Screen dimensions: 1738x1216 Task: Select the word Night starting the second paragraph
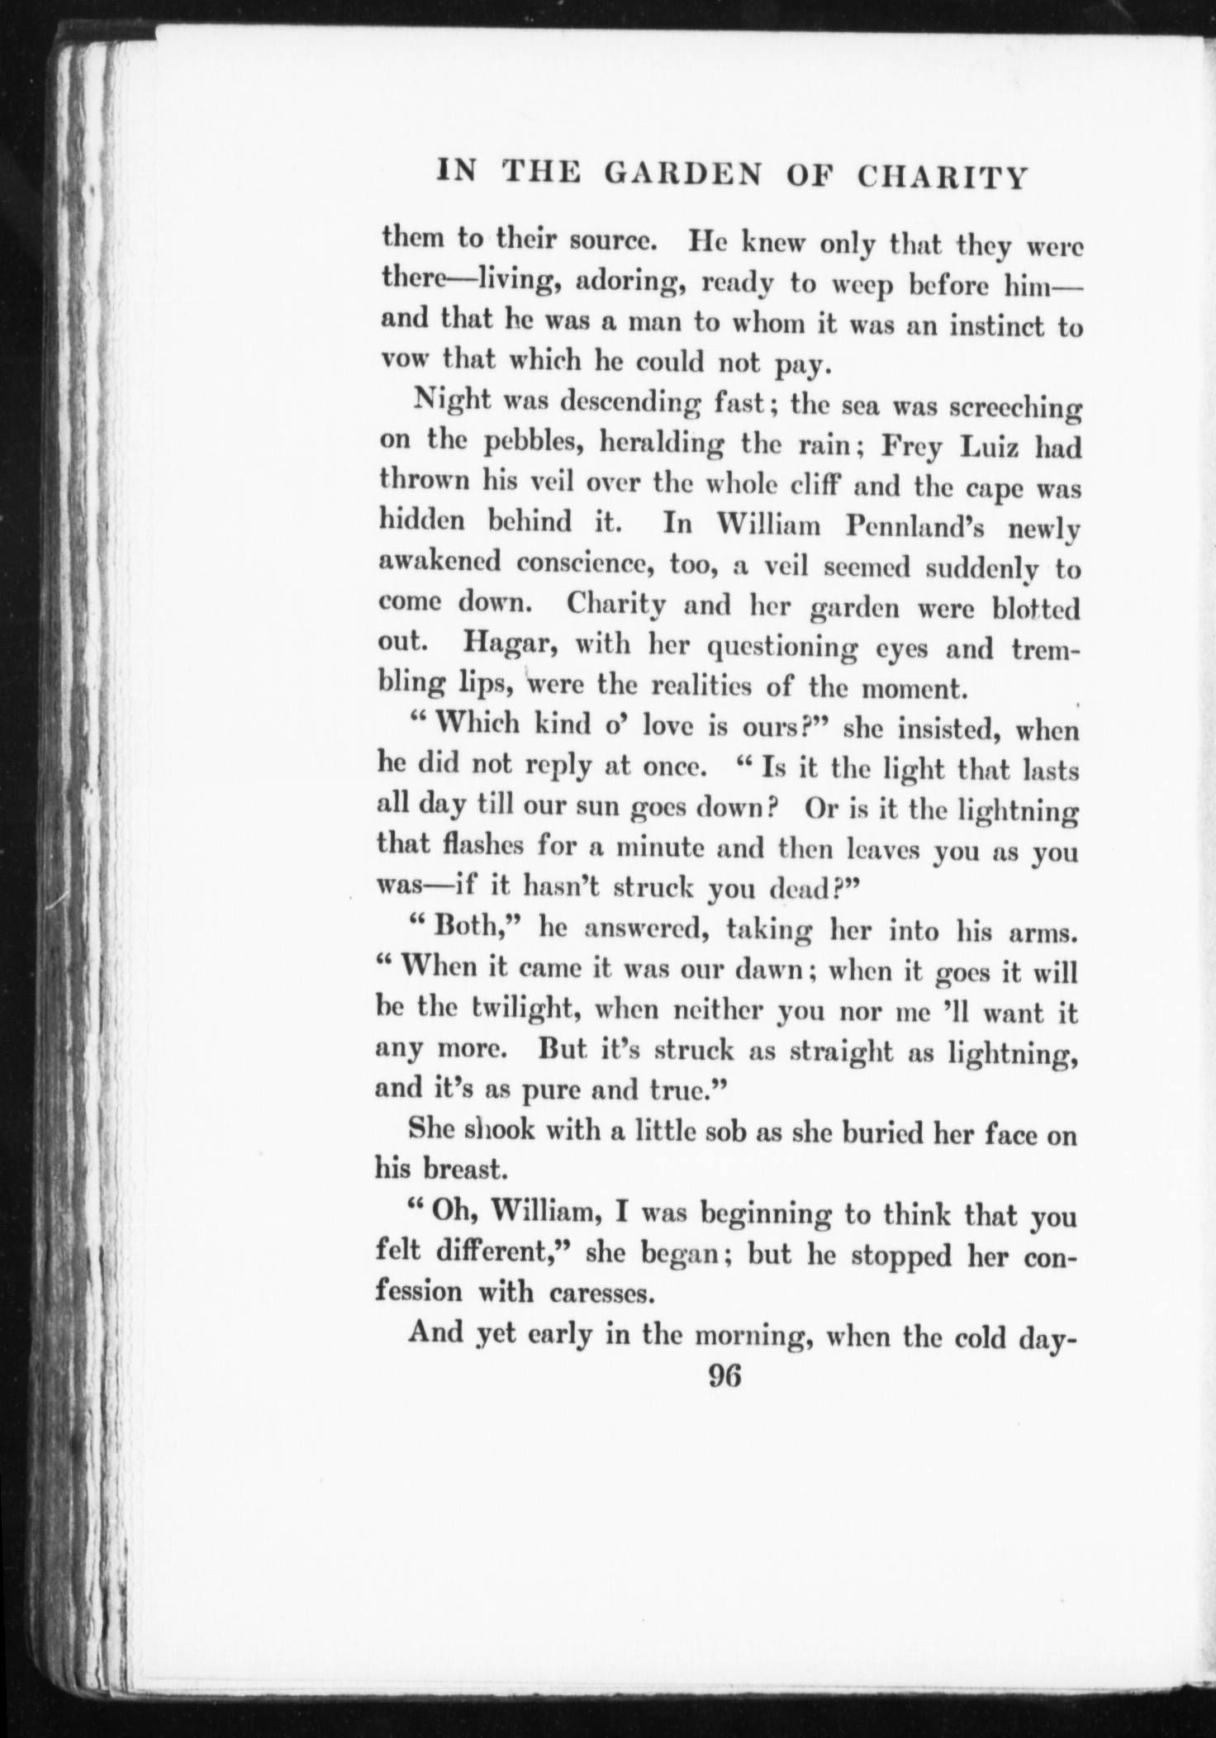449,402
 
